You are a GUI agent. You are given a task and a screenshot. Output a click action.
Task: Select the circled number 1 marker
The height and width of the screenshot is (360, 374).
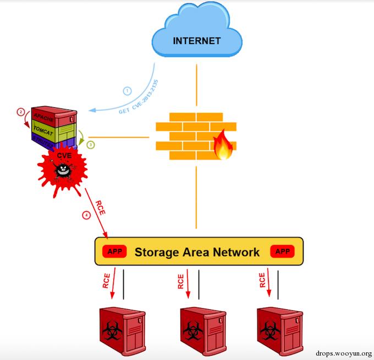pos(127,91)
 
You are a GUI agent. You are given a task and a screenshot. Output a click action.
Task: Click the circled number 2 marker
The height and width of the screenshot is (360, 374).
pos(21,112)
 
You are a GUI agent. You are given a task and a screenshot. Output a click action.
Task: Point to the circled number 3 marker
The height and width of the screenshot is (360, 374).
pos(91,144)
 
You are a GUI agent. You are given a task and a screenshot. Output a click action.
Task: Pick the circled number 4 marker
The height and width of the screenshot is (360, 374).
pos(86,215)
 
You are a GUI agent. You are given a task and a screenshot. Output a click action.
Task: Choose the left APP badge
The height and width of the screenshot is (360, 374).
pos(115,252)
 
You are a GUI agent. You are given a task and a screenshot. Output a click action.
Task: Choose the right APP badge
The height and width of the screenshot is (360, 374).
pos(282,252)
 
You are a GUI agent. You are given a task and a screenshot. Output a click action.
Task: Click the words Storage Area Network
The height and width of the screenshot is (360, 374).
pos(197,252)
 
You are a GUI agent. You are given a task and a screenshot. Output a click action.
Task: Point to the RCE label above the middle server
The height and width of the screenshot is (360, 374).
pos(181,282)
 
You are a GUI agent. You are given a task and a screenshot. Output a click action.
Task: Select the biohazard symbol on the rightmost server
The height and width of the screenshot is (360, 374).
pos(270,330)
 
